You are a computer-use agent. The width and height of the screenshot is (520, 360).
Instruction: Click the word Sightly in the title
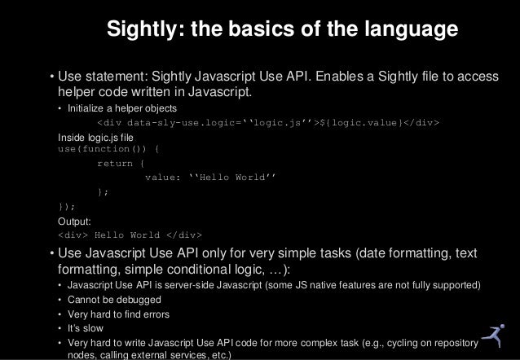point(144,31)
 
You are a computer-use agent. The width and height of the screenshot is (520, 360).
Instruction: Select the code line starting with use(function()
point(109,149)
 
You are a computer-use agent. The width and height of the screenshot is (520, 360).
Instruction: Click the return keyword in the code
point(114,163)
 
